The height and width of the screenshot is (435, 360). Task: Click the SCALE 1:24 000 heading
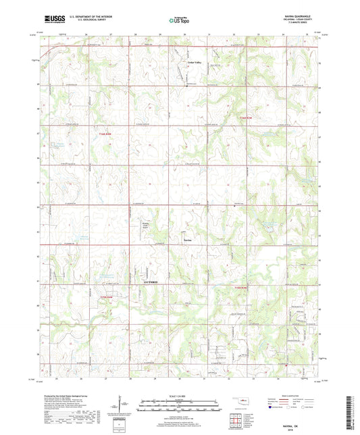pos(179,396)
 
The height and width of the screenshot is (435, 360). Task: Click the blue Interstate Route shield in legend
pos(272,408)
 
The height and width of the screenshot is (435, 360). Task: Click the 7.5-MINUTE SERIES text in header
pos(303,25)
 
